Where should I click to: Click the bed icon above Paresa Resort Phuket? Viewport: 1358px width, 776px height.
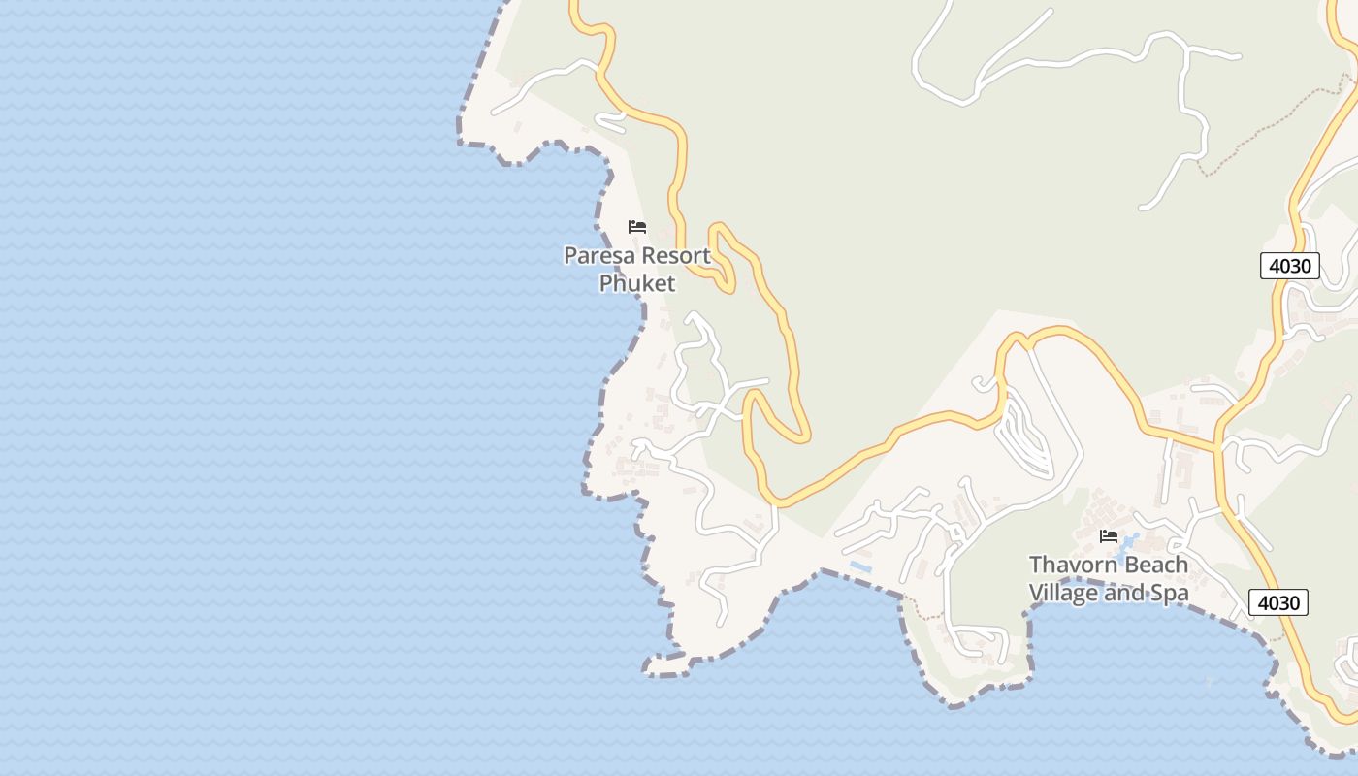click(x=637, y=227)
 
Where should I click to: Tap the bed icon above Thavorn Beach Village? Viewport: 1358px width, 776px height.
click(x=1109, y=536)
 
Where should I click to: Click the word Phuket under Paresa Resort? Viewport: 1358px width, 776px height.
click(x=636, y=283)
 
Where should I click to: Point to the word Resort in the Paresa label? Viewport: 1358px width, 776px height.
click(x=671, y=257)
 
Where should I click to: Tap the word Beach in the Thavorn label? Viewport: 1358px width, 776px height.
click(x=1153, y=565)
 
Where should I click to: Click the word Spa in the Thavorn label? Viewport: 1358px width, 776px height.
click(x=1169, y=593)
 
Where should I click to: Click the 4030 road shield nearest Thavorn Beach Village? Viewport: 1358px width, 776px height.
click(x=1278, y=602)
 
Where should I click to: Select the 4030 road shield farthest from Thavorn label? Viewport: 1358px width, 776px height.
click(x=1290, y=266)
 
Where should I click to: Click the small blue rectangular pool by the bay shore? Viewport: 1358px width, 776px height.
click(x=860, y=566)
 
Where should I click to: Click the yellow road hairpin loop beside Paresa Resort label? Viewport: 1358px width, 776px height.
click(x=724, y=254)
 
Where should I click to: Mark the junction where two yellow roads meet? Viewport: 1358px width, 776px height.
click(x=1216, y=448)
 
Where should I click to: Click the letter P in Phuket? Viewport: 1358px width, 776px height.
click(x=606, y=283)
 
